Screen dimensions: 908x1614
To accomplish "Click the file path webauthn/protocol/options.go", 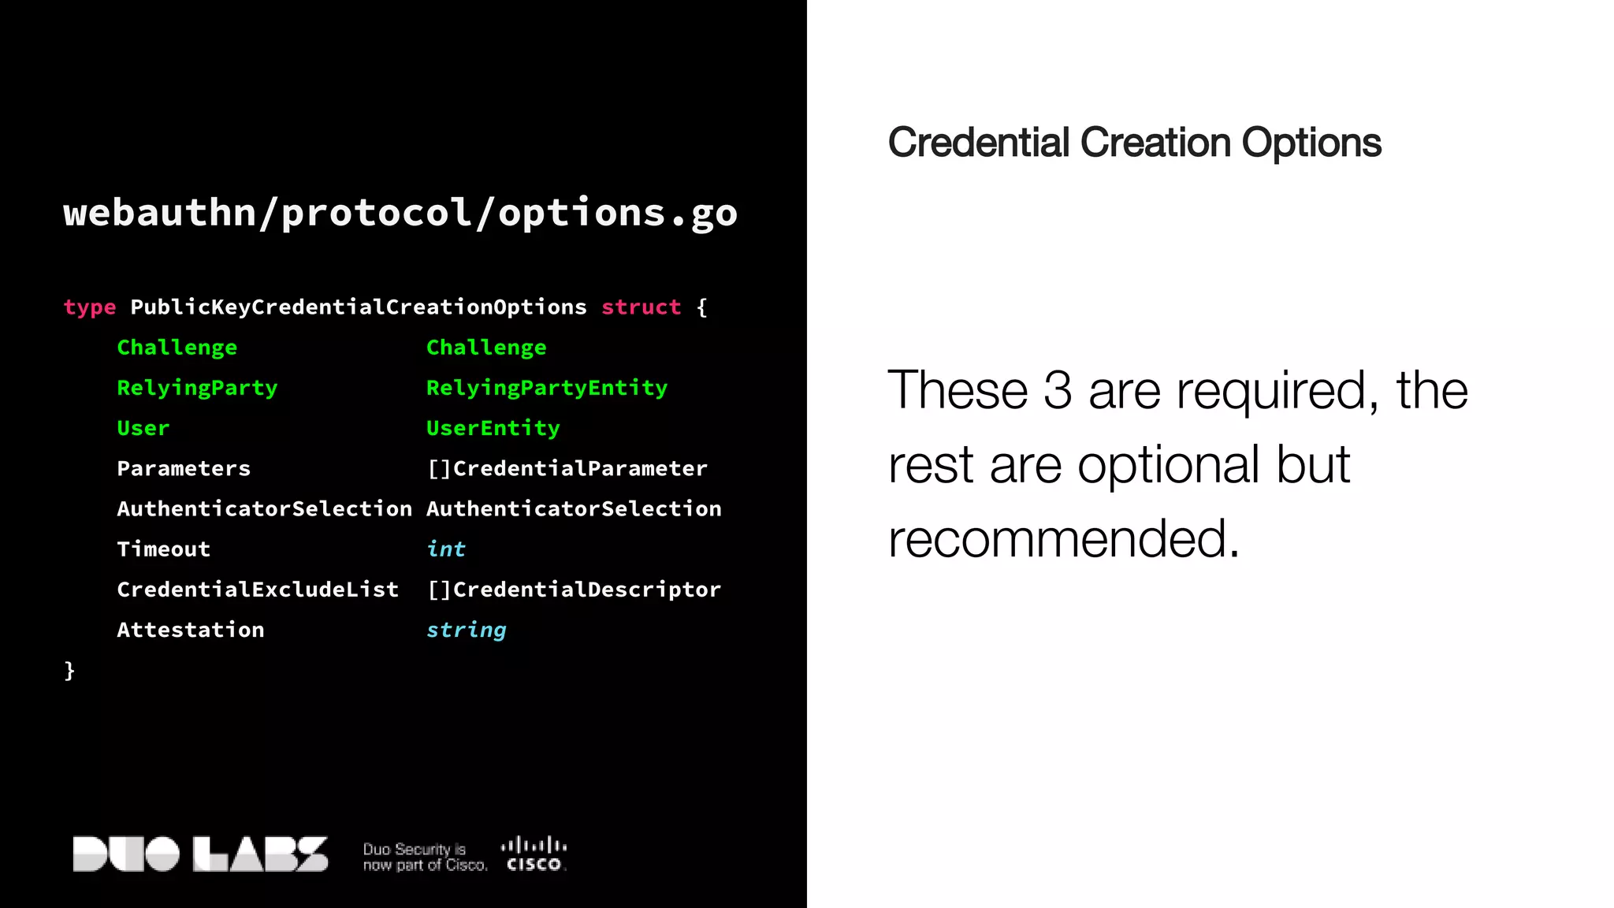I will point(400,213).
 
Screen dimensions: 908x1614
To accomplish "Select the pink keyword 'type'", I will point(90,307).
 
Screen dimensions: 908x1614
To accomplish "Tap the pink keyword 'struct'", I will point(641,307).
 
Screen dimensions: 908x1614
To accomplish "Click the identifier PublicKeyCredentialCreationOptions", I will point(359,307).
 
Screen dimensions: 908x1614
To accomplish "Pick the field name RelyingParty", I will point(197,388).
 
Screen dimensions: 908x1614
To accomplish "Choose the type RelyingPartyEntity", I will point(546,388).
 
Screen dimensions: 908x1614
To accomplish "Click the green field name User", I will point(143,428).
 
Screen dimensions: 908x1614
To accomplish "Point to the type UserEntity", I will point(493,428).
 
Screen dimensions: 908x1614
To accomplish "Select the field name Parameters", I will point(184,468).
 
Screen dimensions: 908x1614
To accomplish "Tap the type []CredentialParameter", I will point(567,468).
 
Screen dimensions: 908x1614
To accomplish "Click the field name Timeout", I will point(163,549).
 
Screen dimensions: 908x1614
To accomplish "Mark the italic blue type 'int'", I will point(446,549).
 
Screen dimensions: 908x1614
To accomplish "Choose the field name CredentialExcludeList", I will point(258,590).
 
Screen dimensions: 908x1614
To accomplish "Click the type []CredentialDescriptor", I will point(574,590).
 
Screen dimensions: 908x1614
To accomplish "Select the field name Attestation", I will point(191,630).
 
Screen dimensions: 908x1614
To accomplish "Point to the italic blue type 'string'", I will point(466,630).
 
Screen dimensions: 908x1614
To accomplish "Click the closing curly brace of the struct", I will point(69,671).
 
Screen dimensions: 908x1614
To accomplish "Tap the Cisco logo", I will point(534,854).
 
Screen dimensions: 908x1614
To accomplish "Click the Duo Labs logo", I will point(200,854).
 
